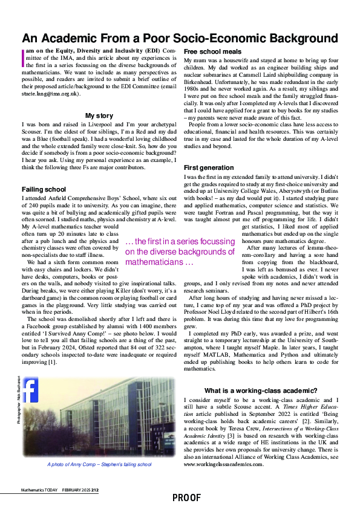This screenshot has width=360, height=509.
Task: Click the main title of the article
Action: [180, 39]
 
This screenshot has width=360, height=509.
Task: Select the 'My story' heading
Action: [99, 115]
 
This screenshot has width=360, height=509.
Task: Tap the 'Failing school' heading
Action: [44, 189]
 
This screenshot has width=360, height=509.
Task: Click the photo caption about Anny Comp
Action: [99, 464]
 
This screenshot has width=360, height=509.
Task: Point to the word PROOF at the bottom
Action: [186, 498]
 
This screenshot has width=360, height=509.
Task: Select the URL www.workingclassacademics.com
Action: [224, 464]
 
